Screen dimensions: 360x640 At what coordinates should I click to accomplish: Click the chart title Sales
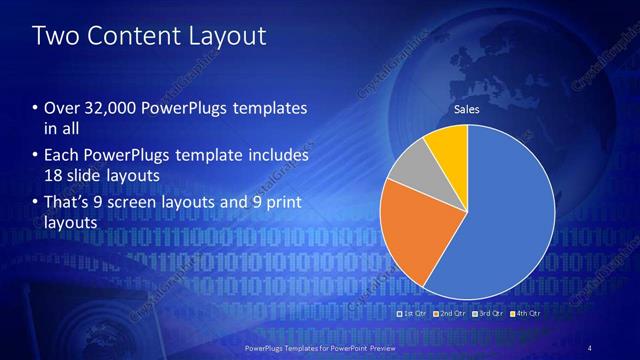(x=467, y=108)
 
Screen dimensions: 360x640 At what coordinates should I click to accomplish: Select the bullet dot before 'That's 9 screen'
(x=36, y=205)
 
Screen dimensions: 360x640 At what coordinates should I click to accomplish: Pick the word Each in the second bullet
(x=62, y=156)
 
